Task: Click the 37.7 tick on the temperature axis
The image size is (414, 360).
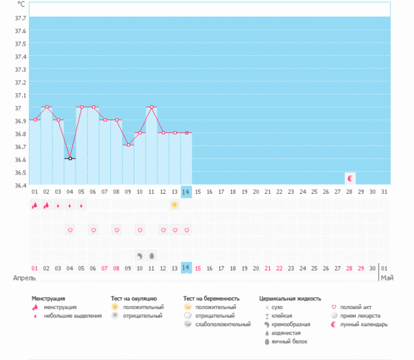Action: (20, 17)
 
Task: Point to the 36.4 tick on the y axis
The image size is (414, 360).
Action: (20, 185)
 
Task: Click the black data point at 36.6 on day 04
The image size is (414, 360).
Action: (70, 159)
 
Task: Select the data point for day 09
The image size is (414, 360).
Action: (128, 145)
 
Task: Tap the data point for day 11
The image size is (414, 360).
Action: (151, 107)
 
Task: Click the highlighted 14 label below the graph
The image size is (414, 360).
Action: (186, 268)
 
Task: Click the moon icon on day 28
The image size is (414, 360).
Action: (350, 178)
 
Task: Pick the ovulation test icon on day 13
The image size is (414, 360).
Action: (175, 205)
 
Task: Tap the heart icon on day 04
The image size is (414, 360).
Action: (70, 230)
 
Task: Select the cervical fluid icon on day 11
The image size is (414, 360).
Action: (151, 254)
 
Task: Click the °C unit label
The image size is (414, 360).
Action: (21, 5)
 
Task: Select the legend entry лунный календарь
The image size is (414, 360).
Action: (366, 324)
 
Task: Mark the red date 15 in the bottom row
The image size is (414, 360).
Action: (198, 268)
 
